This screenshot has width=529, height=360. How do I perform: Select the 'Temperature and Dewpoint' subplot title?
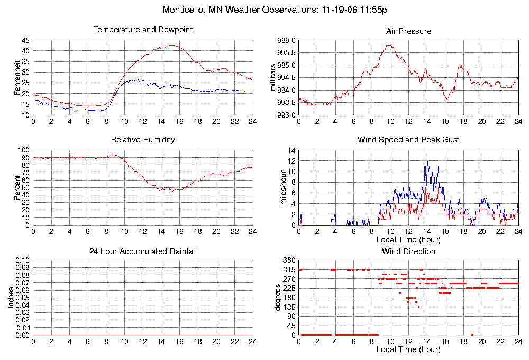[143, 30]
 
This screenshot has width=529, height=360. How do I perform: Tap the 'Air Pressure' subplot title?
[408, 31]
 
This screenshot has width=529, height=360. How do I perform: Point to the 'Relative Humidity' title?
[143, 140]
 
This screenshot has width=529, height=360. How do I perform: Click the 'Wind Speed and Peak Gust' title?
[408, 140]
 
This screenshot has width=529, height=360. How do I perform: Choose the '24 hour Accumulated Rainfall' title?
[143, 251]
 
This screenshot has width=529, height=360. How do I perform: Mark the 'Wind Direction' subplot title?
[408, 251]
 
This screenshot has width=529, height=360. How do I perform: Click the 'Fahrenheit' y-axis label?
[17, 77]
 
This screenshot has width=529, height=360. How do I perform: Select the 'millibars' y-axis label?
[273, 77]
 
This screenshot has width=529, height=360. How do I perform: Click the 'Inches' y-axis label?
[11, 298]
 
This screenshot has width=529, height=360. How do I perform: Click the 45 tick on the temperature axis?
[25, 40]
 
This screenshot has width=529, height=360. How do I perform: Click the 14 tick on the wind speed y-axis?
[291, 150]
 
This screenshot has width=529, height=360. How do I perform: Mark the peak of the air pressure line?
[389, 45]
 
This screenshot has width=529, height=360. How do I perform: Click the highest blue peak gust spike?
[427, 161]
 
